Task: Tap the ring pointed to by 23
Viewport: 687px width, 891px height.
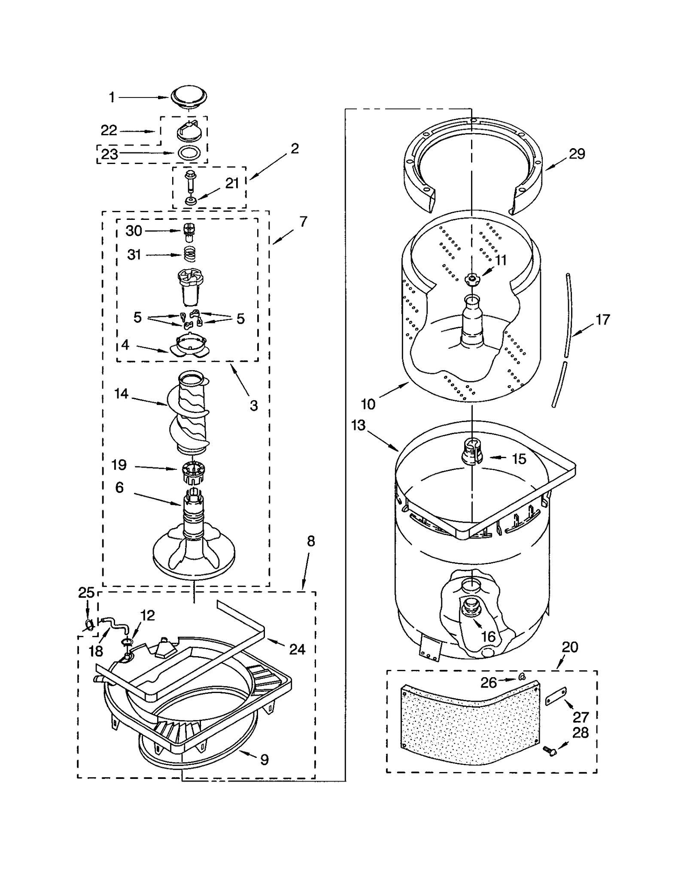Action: (x=188, y=152)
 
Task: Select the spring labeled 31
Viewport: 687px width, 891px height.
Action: (x=189, y=254)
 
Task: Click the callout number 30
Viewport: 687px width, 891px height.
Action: (x=134, y=231)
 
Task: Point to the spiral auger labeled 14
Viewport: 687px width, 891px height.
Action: (x=189, y=414)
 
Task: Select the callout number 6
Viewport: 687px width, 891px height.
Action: (x=119, y=487)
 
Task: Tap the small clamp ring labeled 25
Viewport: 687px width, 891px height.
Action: (x=89, y=626)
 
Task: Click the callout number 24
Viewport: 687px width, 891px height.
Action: (x=297, y=649)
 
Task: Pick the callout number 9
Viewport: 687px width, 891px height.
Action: (x=264, y=760)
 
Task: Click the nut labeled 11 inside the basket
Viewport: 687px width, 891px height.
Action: (x=471, y=279)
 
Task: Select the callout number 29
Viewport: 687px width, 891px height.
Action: (x=577, y=154)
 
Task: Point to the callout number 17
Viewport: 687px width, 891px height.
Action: (x=603, y=319)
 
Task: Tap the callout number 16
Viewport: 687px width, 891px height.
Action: (x=488, y=637)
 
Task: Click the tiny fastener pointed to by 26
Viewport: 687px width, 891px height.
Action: (x=521, y=677)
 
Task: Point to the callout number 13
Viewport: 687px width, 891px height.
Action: (x=358, y=425)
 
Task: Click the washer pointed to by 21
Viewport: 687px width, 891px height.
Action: (x=189, y=201)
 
